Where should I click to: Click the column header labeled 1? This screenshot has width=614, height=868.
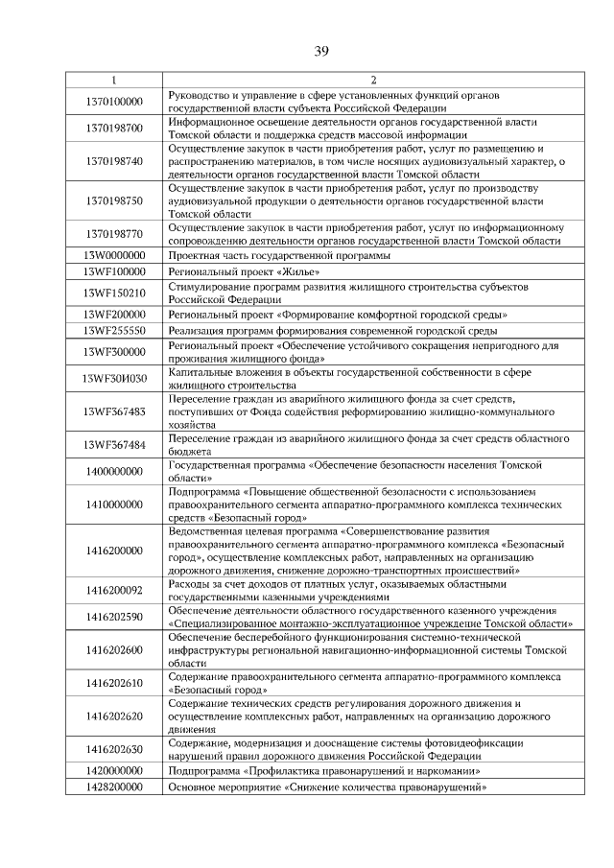pyautogui.click(x=113, y=81)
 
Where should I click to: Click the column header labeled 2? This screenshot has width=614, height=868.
pyautogui.click(x=372, y=81)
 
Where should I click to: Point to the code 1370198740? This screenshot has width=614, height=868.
pyautogui.click(x=113, y=161)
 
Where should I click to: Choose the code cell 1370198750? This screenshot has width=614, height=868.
pyautogui.click(x=113, y=200)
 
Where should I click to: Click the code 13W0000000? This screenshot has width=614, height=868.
pyautogui.click(x=113, y=256)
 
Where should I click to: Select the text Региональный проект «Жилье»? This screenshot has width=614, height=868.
pyautogui.click(x=244, y=272)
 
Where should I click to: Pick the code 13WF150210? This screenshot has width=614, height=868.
pyautogui.click(x=113, y=293)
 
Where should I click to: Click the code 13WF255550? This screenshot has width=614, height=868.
pyautogui.click(x=113, y=329)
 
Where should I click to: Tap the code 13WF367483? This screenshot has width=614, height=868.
pyautogui.click(x=113, y=411)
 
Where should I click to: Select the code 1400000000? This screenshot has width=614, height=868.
pyautogui.click(x=113, y=471)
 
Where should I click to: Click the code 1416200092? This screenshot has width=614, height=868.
pyautogui.click(x=113, y=590)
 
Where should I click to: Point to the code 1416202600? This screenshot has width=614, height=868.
pyautogui.click(x=113, y=649)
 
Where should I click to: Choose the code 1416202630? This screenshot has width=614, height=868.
pyautogui.click(x=113, y=749)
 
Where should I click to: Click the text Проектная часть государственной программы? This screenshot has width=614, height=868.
pyautogui.click(x=279, y=256)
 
